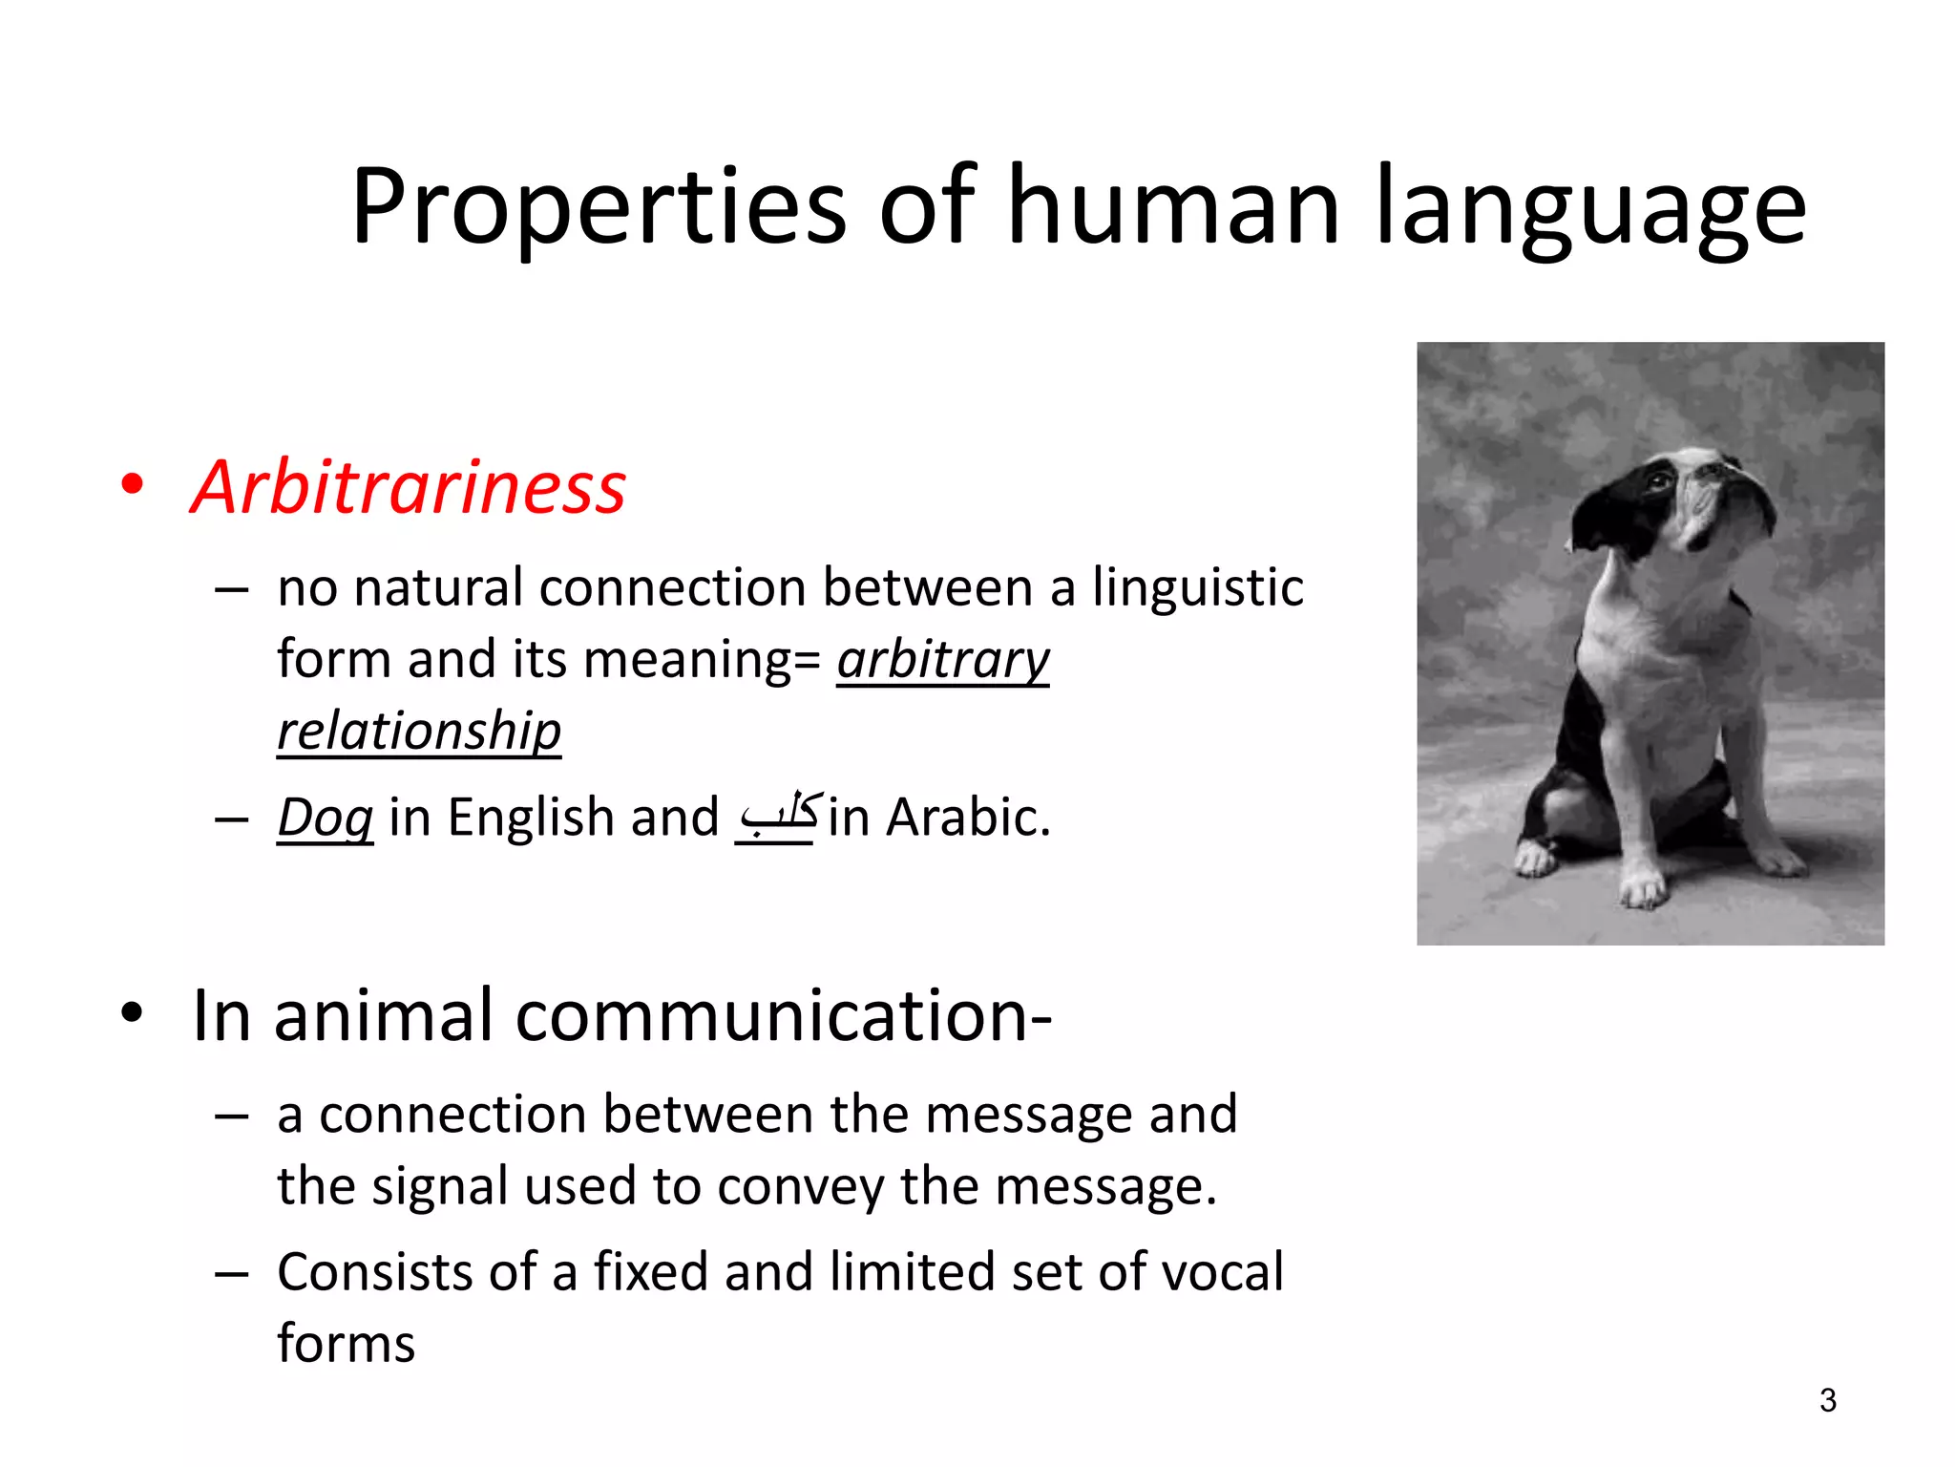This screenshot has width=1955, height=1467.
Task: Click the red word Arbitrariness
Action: (x=409, y=488)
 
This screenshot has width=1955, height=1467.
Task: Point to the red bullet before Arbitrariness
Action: (x=133, y=484)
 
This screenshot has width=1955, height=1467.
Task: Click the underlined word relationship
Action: (x=419, y=733)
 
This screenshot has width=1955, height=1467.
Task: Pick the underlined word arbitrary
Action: (x=943, y=660)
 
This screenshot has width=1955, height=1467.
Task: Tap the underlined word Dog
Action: (x=325, y=819)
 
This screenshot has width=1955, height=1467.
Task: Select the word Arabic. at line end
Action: (x=968, y=819)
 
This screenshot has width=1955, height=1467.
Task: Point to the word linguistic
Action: (x=1198, y=587)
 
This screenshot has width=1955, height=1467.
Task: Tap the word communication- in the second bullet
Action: (x=784, y=1015)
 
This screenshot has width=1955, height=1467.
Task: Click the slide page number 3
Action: (x=1827, y=1400)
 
